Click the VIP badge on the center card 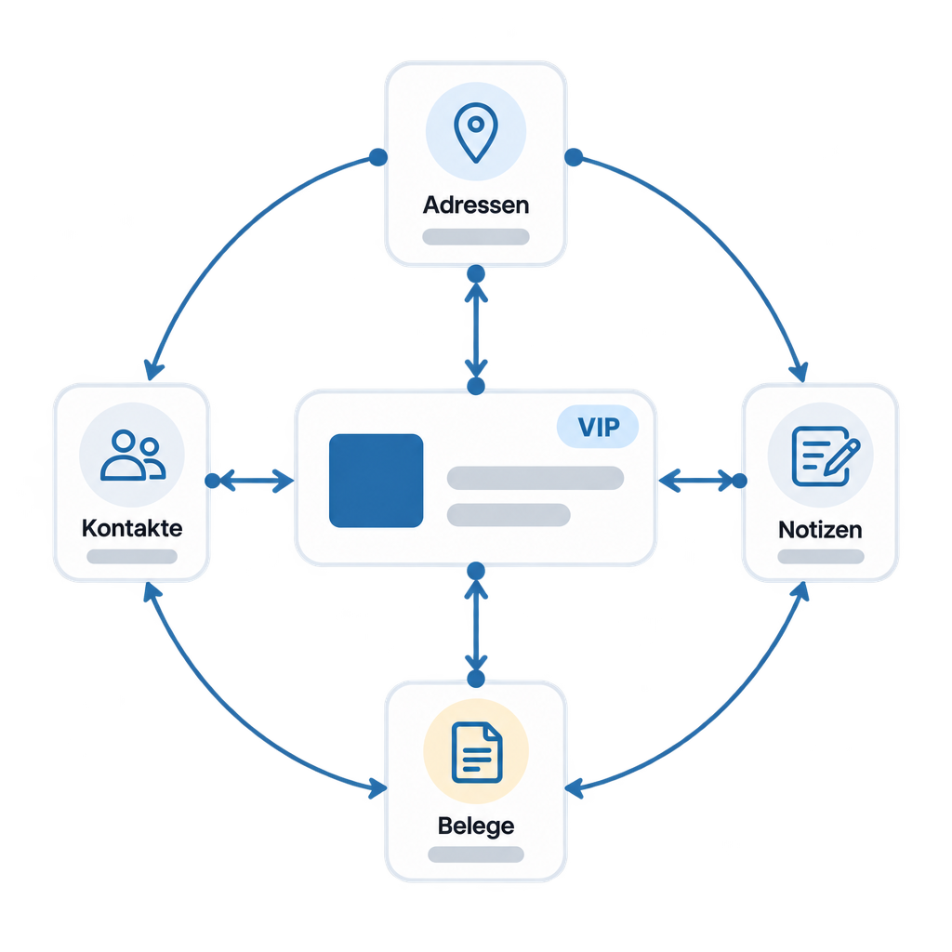pyautogui.click(x=598, y=427)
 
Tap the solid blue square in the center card pyautogui.click(x=376, y=481)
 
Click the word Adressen pyautogui.click(x=476, y=205)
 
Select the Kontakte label pyautogui.click(x=132, y=528)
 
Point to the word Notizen pyautogui.click(x=820, y=530)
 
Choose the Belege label pyautogui.click(x=476, y=826)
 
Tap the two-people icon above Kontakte pyautogui.click(x=133, y=456)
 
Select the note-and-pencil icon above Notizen pyautogui.click(x=826, y=456)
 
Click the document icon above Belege pyautogui.click(x=477, y=751)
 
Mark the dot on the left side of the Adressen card pyautogui.click(x=378, y=157)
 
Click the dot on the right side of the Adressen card pyautogui.click(x=574, y=157)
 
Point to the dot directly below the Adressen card pyautogui.click(x=476, y=274)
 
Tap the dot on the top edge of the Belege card pyautogui.click(x=476, y=679)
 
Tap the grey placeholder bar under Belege pyautogui.click(x=476, y=854)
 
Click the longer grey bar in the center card pyautogui.click(x=535, y=478)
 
